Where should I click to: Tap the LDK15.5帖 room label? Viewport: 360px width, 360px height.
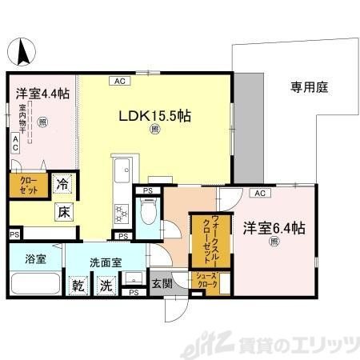[x=154, y=115]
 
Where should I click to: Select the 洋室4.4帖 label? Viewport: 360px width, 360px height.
[x=42, y=94]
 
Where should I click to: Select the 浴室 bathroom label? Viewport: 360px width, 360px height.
[x=34, y=259]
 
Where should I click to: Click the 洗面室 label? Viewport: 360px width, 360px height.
[x=104, y=260]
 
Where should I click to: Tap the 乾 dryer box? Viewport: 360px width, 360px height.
[x=79, y=286]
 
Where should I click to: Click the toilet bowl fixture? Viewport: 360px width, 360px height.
[x=146, y=215]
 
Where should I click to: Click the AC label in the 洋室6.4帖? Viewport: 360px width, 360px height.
[x=259, y=194]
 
